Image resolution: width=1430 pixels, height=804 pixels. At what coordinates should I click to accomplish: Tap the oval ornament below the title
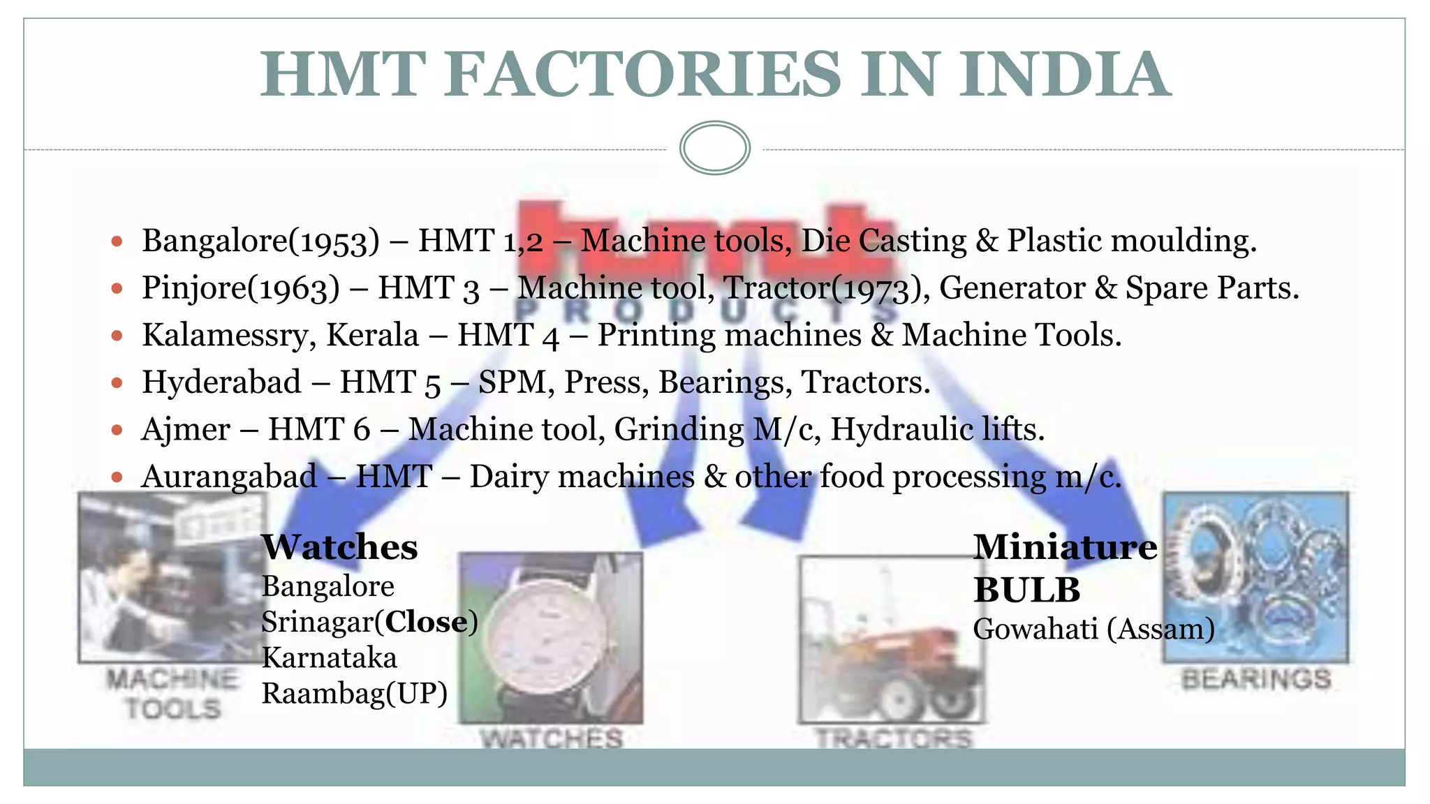[x=714, y=148]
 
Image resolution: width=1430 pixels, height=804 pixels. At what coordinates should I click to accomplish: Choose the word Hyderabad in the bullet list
[x=221, y=382]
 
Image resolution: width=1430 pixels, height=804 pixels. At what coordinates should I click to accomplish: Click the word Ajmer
[x=186, y=429]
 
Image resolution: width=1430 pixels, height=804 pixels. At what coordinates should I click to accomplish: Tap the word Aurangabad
[x=229, y=477]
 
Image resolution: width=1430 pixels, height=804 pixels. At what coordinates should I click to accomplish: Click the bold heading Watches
[x=339, y=547]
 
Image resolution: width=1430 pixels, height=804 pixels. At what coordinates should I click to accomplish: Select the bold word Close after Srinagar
[x=426, y=622]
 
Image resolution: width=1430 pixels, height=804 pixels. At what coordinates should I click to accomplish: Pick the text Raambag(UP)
[x=354, y=693]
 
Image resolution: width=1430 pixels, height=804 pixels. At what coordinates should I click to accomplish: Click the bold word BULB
[x=1026, y=590]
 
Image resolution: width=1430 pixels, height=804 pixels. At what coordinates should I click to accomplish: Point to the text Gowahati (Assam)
[x=1093, y=630]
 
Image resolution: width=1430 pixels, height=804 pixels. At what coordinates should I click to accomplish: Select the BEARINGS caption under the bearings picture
[x=1256, y=679]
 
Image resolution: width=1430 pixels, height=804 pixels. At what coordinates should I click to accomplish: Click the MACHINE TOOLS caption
[x=172, y=694]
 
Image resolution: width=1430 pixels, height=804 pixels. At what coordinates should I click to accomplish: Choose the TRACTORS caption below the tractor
[x=894, y=738]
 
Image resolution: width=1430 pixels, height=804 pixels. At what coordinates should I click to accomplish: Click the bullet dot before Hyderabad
[x=117, y=382]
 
